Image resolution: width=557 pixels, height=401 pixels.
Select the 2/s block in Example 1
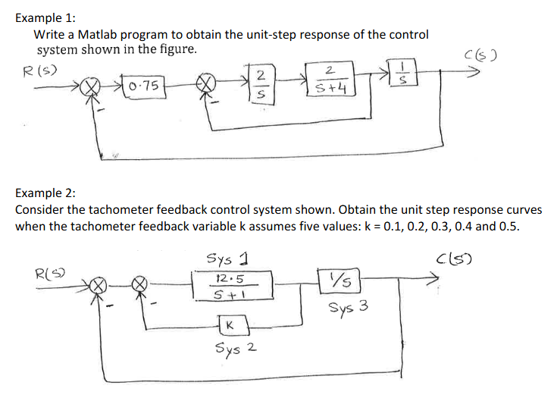tap(260, 83)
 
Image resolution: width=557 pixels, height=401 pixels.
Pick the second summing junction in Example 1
tap(206, 83)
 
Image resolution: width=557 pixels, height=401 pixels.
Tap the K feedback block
tap(230, 325)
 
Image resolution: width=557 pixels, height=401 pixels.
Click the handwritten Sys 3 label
tap(349, 309)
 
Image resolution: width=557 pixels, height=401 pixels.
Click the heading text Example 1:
tap(42, 16)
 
